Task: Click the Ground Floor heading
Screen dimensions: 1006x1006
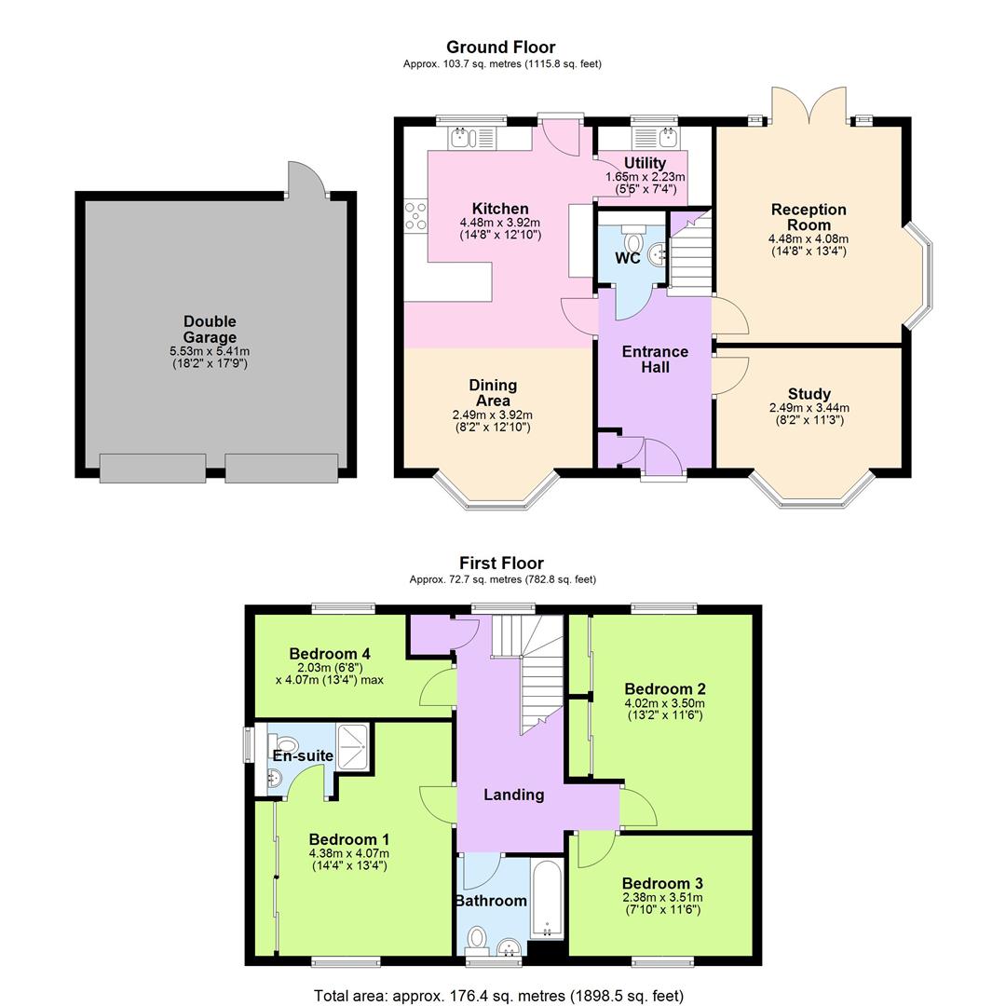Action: pos(500,47)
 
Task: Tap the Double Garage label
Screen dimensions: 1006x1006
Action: pos(210,330)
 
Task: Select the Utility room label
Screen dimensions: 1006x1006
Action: pos(645,163)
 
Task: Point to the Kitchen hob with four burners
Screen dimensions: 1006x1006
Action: pos(415,215)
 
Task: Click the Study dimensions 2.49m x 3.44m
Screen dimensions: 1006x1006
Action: pos(809,408)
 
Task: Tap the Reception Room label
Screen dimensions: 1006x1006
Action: pos(809,217)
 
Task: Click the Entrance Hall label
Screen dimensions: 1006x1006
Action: pos(655,359)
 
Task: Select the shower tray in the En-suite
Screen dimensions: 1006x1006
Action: pos(351,745)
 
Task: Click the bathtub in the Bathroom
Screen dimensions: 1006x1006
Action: pos(545,899)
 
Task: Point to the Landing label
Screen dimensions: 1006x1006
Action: pos(513,795)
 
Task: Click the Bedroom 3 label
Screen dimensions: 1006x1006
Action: pos(662,883)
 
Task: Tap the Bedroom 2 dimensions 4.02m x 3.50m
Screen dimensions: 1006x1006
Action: pos(665,703)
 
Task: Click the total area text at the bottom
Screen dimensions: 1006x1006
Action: pos(498,996)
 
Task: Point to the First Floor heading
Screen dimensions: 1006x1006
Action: pos(501,563)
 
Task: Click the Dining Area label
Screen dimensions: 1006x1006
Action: pos(493,392)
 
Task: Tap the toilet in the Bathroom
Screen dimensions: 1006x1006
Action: pos(477,936)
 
